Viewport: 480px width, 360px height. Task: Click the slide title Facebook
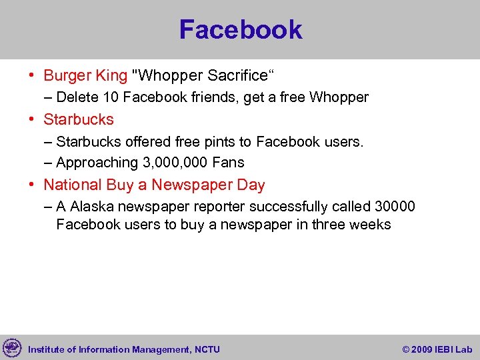(240, 30)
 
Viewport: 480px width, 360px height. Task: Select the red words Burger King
(85, 75)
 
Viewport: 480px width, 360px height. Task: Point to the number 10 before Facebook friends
(111, 97)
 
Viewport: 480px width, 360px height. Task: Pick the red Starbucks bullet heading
(79, 119)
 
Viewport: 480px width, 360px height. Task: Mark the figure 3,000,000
(175, 163)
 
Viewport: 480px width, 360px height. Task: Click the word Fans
(228, 163)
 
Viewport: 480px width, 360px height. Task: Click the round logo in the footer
(11, 348)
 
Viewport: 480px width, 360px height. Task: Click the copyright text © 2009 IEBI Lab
(437, 349)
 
